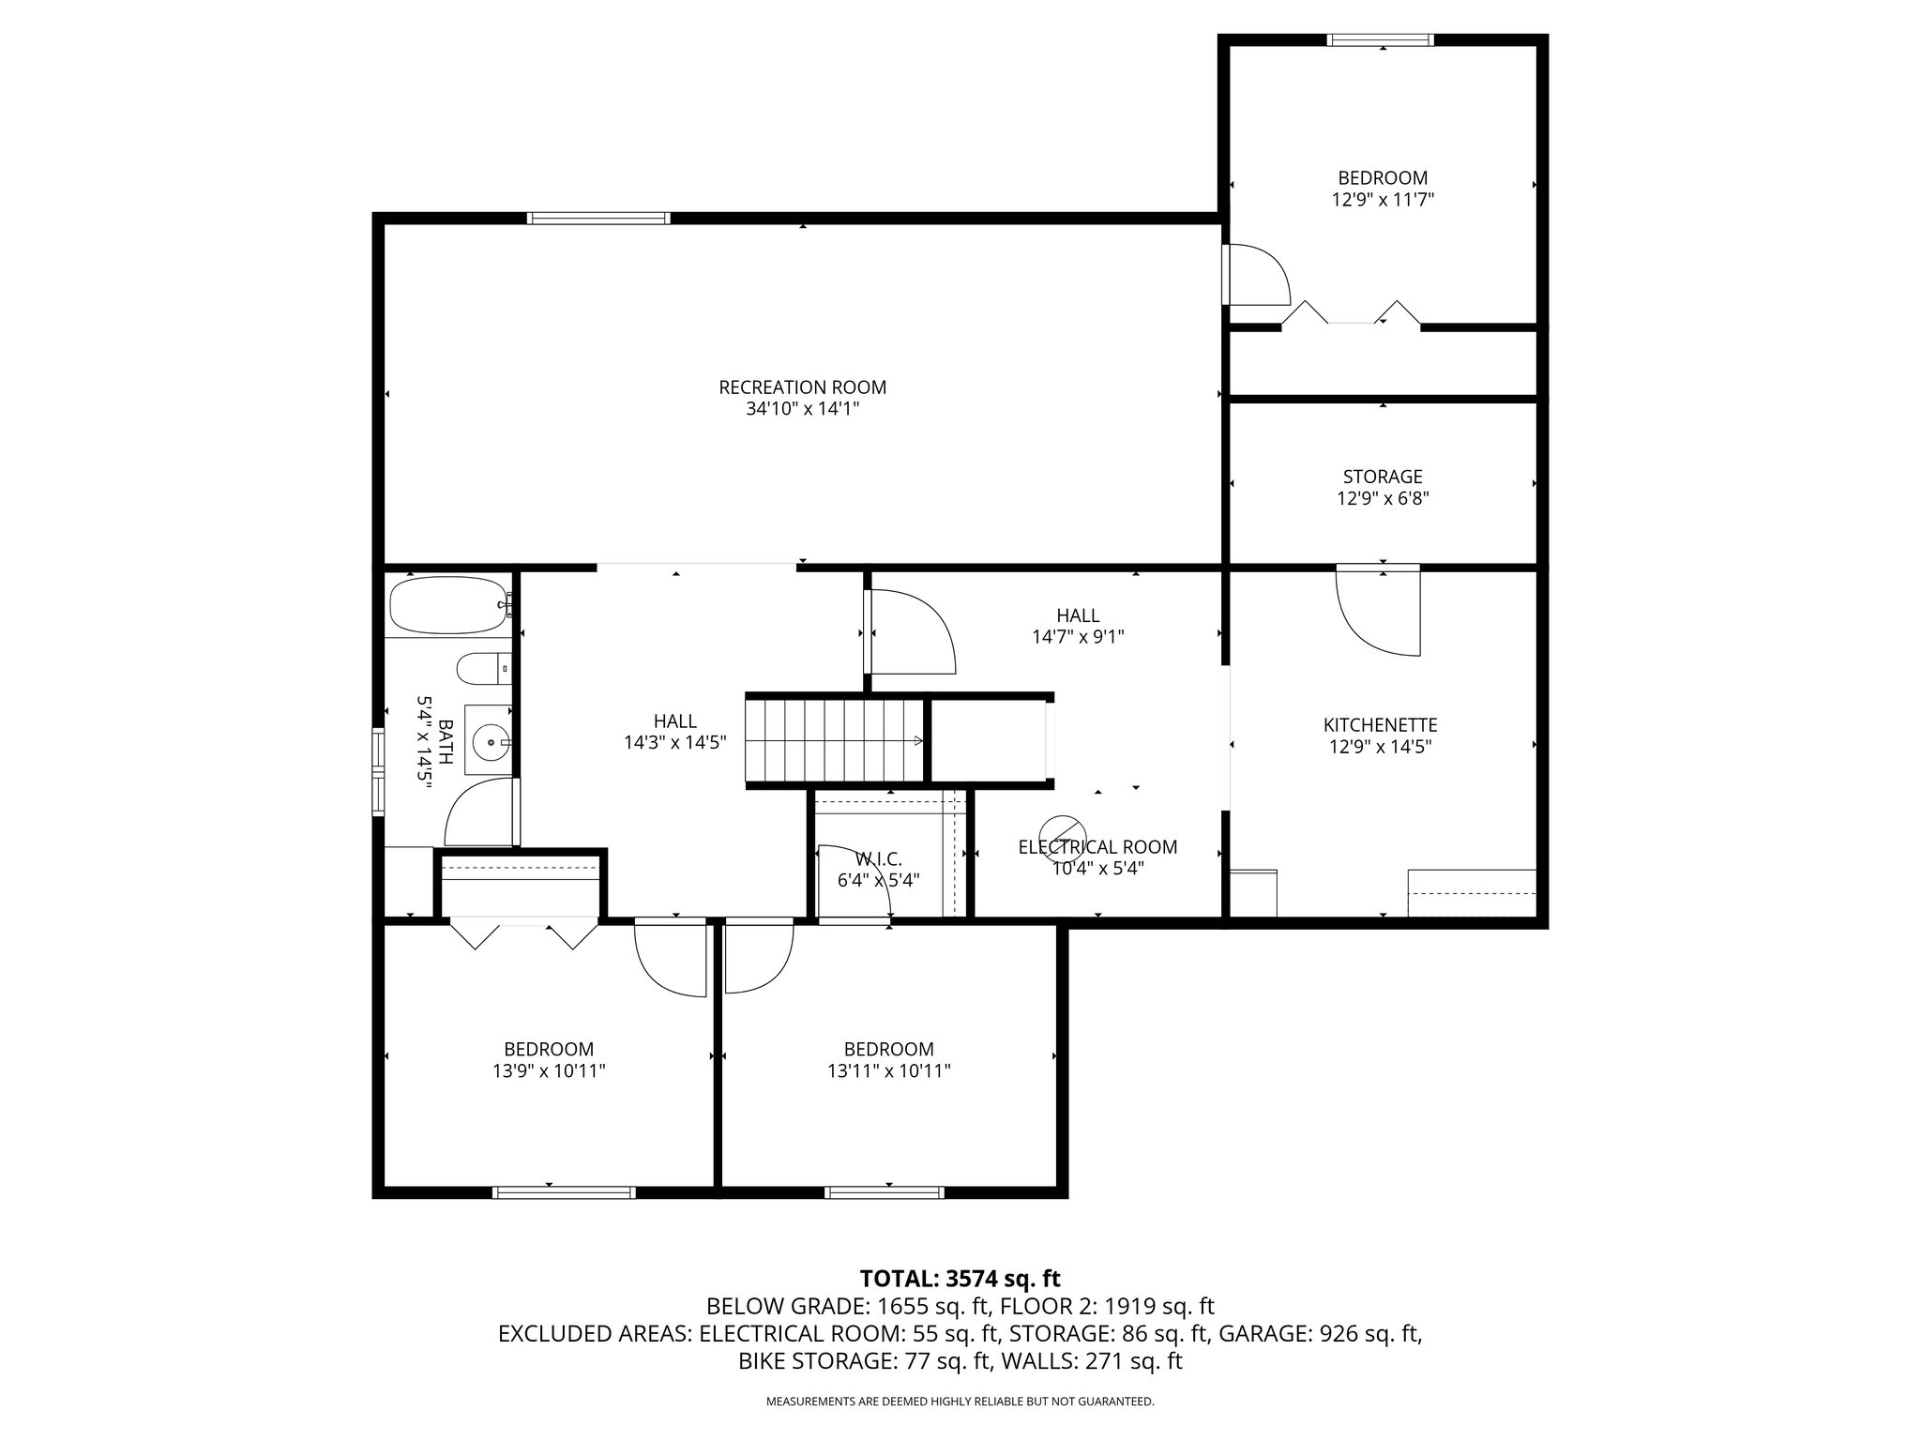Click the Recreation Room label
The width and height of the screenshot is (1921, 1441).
coord(802,387)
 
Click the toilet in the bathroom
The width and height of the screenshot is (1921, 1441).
coord(484,669)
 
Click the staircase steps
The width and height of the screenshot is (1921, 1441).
coord(835,739)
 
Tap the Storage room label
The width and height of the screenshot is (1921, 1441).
coord(1383,477)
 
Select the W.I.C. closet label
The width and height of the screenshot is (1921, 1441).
coord(879,859)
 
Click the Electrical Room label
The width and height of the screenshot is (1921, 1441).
coord(1097,847)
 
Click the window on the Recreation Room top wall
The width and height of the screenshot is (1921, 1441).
coord(598,219)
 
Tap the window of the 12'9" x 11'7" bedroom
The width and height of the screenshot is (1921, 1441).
coord(1381,40)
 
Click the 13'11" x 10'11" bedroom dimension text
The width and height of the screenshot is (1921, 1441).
coord(889,1071)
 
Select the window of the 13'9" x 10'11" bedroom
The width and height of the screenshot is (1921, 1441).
coord(565,1192)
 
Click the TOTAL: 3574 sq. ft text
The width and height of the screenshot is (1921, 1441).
coord(960,1278)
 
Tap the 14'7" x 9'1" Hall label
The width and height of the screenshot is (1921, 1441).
coord(1079,626)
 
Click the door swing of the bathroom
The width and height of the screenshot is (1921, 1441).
coord(480,812)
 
